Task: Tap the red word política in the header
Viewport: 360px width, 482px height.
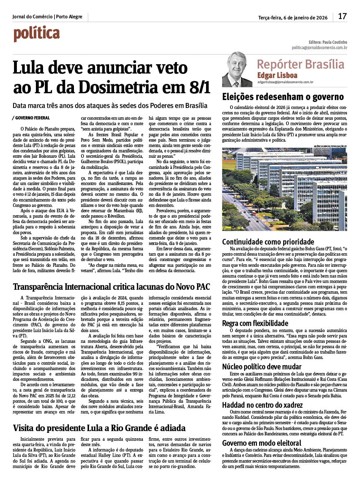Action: tap(37, 34)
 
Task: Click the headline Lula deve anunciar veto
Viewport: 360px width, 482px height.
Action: tap(100, 68)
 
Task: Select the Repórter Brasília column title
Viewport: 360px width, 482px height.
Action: tap(300, 64)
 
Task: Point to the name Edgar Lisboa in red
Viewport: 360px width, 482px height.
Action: tap(277, 75)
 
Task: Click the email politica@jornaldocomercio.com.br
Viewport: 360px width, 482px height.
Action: tap(319, 48)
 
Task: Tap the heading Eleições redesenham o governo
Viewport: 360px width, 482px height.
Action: tap(283, 97)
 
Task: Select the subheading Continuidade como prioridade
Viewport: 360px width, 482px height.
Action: tap(268, 242)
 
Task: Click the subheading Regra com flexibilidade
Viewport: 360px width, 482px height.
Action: tap(255, 323)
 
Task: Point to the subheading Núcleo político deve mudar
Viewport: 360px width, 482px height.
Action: tap(262, 367)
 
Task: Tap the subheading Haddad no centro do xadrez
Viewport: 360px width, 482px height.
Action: tap(262, 405)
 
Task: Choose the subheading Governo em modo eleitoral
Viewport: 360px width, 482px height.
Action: tap(262, 443)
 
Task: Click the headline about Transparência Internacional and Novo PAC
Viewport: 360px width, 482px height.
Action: tap(111, 287)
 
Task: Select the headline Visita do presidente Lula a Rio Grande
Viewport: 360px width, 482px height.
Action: tap(99, 428)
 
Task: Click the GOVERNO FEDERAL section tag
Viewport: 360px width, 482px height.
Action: tap(32, 118)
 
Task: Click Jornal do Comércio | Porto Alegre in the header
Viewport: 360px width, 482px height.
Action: tap(47, 16)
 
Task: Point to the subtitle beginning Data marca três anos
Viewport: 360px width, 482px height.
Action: tap(110, 105)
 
